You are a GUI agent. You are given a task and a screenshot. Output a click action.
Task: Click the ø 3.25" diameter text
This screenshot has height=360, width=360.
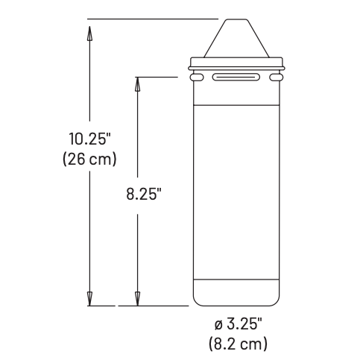[x=238, y=326]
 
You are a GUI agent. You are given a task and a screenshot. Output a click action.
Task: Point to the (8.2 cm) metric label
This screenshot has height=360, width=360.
[x=238, y=344]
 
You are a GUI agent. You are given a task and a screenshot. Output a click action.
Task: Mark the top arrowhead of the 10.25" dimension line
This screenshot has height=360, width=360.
[x=89, y=34]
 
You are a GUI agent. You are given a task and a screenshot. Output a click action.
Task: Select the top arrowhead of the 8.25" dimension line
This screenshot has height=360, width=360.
[x=136, y=83]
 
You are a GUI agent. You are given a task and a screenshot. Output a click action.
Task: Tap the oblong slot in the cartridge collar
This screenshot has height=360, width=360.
[x=237, y=77]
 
